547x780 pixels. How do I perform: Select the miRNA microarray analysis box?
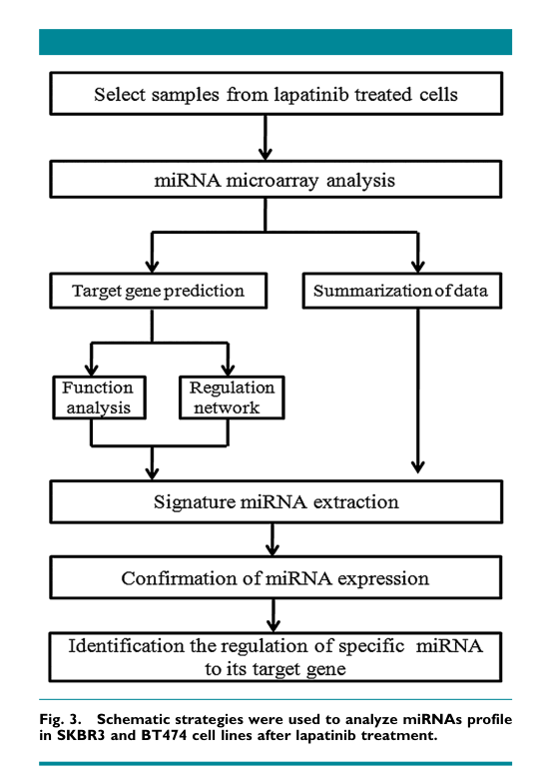click(275, 179)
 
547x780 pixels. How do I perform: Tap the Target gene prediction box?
click(158, 291)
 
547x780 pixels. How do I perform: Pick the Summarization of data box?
click(402, 291)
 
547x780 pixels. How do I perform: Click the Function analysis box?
click(99, 397)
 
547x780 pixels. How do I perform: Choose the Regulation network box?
click(232, 397)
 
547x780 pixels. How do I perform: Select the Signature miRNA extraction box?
click(275, 502)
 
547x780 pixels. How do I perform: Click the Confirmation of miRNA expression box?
click(275, 577)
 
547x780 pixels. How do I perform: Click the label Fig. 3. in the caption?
click(60, 719)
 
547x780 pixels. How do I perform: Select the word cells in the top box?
click(438, 95)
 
